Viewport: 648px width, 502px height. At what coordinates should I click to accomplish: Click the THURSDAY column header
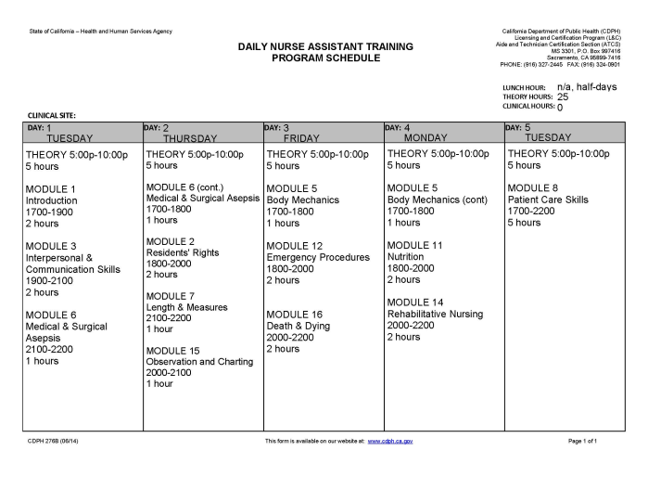coord(189,138)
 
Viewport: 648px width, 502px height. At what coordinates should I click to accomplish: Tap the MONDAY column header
coord(426,138)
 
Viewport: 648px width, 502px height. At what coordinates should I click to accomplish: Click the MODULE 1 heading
coord(51,189)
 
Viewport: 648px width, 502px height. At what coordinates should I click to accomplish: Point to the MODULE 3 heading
coord(51,246)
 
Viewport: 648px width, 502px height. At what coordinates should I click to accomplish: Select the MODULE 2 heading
coord(171,241)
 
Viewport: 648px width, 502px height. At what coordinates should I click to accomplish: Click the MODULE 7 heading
coord(171,296)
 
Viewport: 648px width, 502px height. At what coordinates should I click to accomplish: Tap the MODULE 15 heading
coord(173,351)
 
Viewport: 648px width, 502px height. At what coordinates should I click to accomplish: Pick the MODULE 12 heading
coord(295,246)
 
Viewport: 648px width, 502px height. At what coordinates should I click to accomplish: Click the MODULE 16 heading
coord(295,315)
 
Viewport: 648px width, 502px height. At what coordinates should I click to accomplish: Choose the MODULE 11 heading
coord(414,246)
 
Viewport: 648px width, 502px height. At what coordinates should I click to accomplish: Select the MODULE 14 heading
coord(415,302)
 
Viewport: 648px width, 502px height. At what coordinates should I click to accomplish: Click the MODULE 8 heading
coord(533,188)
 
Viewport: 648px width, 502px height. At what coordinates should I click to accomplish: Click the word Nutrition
coord(405,257)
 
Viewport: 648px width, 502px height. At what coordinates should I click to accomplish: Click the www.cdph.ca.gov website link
coord(390,441)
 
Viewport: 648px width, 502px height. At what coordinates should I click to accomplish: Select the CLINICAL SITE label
coord(51,115)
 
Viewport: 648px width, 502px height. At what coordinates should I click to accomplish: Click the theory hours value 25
coord(563,97)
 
